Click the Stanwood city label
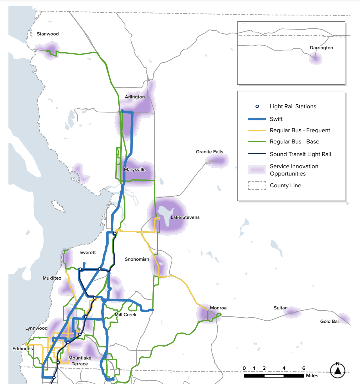click(48, 34)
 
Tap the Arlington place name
click(135, 97)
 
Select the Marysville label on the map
click(135, 170)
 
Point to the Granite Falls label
click(209, 152)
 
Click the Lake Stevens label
click(185, 217)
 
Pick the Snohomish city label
click(137, 259)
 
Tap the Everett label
click(88, 253)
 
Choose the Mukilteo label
click(52, 278)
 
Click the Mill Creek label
click(125, 315)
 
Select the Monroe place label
click(218, 308)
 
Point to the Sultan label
click(280, 308)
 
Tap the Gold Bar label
click(330, 322)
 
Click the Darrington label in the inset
click(321, 48)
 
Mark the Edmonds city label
click(22, 349)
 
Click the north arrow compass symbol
click(338, 370)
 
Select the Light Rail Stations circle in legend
click(257, 107)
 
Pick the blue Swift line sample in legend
click(257, 119)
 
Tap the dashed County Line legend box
click(257, 186)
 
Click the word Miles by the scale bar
click(312, 376)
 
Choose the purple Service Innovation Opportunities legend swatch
click(257, 170)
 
